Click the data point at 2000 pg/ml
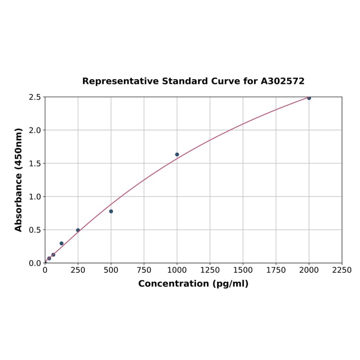pyautogui.click(x=309, y=98)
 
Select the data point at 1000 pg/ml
pyautogui.click(x=177, y=155)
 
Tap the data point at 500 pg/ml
pyautogui.click(x=111, y=211)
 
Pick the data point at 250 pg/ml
pyautogui.click(x=78, y=230)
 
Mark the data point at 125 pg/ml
pyautogui.click(x=62, y=243)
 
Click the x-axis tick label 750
pyautogui.click(x=144, y=270)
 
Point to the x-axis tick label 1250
pyautogui.click(x=210, y=270)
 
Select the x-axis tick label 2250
pyautogui.click(x=342, y=270)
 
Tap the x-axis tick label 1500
pyautogui.click(x=243, y=270)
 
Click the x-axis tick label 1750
pyautogui.click(x=276, y=270)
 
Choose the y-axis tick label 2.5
pyautogui.click(x=35, y=97)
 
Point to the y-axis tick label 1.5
pyautogui.click(x=35, y=164)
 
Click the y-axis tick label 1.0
pyautogui.click(x=35, y=196)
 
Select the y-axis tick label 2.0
pyautogui.click(x=35, y=130)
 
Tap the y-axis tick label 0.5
pyautogui.click(x=35, y=230)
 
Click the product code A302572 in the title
pyautogui.click(x=282, y=81)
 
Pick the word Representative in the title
pyautogui.click(x=120, y=81)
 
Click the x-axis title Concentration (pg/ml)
pyautogui.click(x=193, y=284)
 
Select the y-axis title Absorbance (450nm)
pyautogui.click(x=19, y=180)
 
